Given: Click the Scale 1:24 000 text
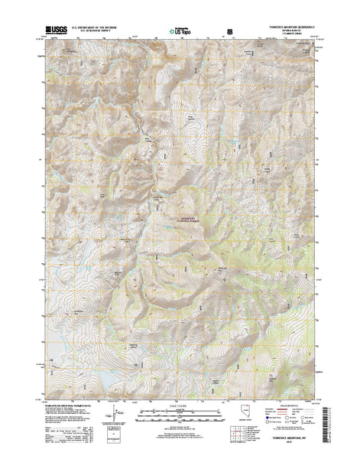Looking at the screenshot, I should click(x=180, y=402).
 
